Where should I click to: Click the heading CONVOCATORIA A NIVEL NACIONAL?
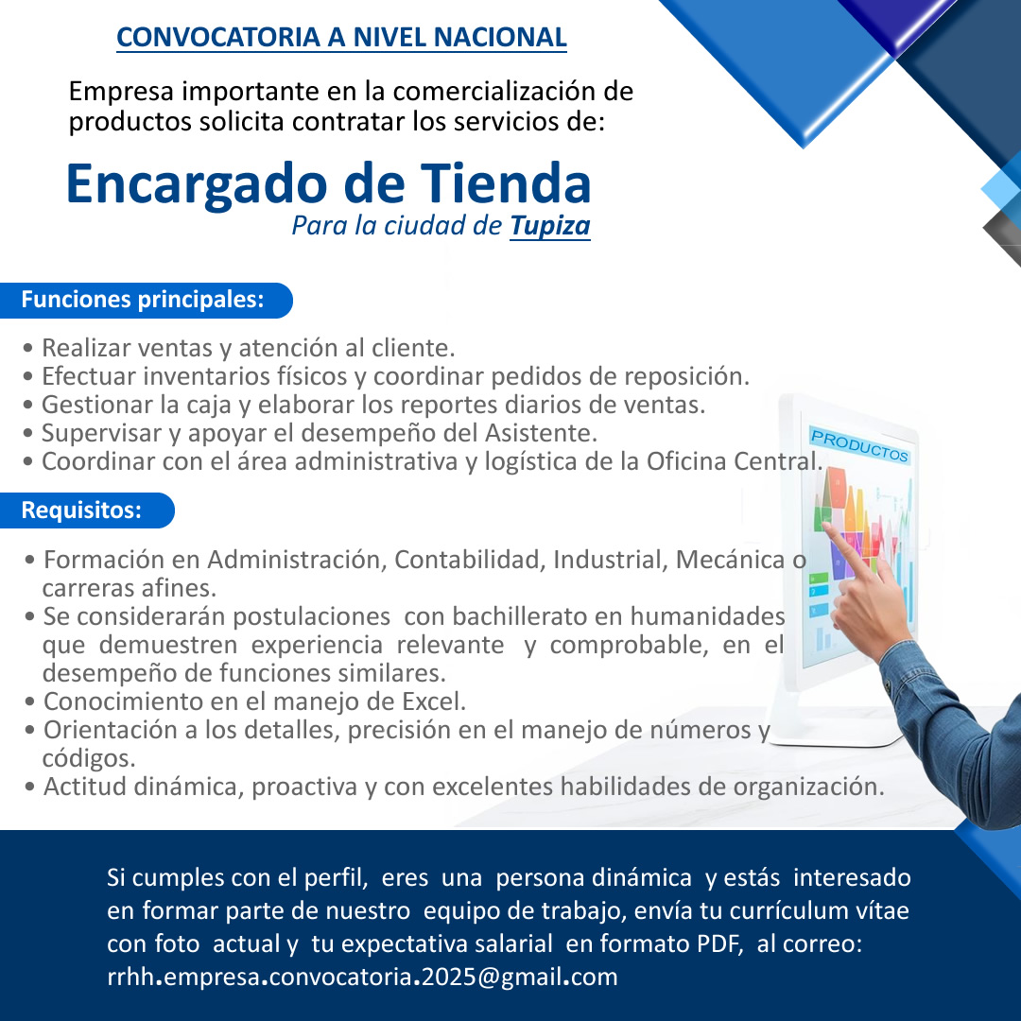[342, 37]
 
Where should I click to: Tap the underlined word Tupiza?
[550, 226]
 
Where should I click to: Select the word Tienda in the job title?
[506, 183]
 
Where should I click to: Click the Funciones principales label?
[143, 300]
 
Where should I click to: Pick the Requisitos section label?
[81, 510]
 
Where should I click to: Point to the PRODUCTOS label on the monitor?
[859, 445]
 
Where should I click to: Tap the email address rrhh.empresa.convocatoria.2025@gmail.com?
[362, 977]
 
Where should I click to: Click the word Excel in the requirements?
[434, 701]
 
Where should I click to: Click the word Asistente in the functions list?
[541, 433]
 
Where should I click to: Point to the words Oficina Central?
[735, 461]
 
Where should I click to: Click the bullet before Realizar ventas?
[27, 349]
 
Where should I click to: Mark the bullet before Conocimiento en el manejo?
[29, 702]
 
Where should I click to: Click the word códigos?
[89, 758]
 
